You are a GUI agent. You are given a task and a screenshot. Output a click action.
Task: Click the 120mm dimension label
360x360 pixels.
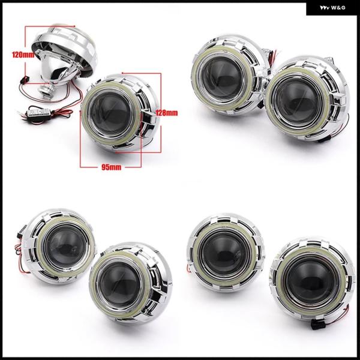(23, 55)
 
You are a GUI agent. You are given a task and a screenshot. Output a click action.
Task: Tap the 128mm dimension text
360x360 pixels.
(167, 113)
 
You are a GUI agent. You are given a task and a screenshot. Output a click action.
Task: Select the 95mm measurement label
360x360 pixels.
(112, 167)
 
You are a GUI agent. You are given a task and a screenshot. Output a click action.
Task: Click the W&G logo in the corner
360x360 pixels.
(332, 8)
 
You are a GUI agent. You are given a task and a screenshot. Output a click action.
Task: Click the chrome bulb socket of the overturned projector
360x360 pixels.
(46, 90)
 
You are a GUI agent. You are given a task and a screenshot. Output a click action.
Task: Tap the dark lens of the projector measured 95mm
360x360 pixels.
(111, 114)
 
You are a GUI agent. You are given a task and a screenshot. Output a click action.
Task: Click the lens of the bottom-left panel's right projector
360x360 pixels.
(120, 285)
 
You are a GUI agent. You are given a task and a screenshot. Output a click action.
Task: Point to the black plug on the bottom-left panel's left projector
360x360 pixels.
(20, 232)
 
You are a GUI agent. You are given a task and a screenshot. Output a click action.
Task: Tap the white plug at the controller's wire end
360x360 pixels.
(21, 113)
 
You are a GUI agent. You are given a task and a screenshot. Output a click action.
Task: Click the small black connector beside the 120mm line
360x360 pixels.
(23, 80)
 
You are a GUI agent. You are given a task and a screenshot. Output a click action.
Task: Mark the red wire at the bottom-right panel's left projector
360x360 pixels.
(189, 268)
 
